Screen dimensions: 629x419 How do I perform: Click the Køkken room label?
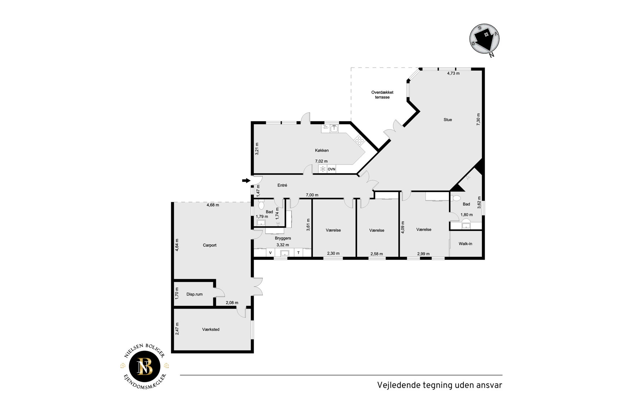coord(322,150)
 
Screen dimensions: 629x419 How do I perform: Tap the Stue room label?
coord(448,120)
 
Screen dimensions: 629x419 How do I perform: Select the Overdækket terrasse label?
coord(382,95)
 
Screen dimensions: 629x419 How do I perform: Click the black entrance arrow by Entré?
coord(246,181)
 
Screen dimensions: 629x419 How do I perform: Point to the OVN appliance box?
coord(331,169)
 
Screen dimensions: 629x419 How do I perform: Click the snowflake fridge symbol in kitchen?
coord(323,169)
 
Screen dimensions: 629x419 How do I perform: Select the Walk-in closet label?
coord(465,244)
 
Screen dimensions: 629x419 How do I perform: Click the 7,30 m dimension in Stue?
coord(478,119)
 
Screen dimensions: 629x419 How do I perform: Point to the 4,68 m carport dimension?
coord(213,205)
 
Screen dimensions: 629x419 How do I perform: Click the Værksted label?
coord(211,329)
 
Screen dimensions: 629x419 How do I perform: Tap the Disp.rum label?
coord(194,294)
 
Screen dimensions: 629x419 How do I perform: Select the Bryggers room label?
coord(283,238)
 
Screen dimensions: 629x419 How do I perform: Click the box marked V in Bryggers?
coord(270,253)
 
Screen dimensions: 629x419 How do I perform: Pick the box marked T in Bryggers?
coord(298,253)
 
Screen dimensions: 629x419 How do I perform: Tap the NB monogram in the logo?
coord(145,366)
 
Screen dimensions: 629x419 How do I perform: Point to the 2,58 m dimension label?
coord(376,254)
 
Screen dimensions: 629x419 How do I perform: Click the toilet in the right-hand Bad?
coord(457,198)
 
